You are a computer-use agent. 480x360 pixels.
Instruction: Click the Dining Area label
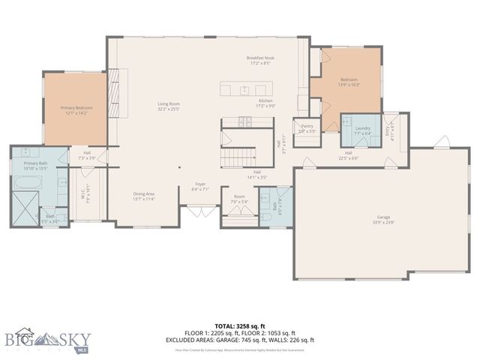[x=143, y=196]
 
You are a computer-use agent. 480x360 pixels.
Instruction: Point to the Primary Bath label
[x=35, y=165]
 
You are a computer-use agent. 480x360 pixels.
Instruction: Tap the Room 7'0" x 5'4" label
[x=238, y=199]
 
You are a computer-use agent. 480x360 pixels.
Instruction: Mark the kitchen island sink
[x=244, y=89]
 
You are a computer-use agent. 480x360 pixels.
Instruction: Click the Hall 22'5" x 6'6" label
[x=349, y=156]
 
